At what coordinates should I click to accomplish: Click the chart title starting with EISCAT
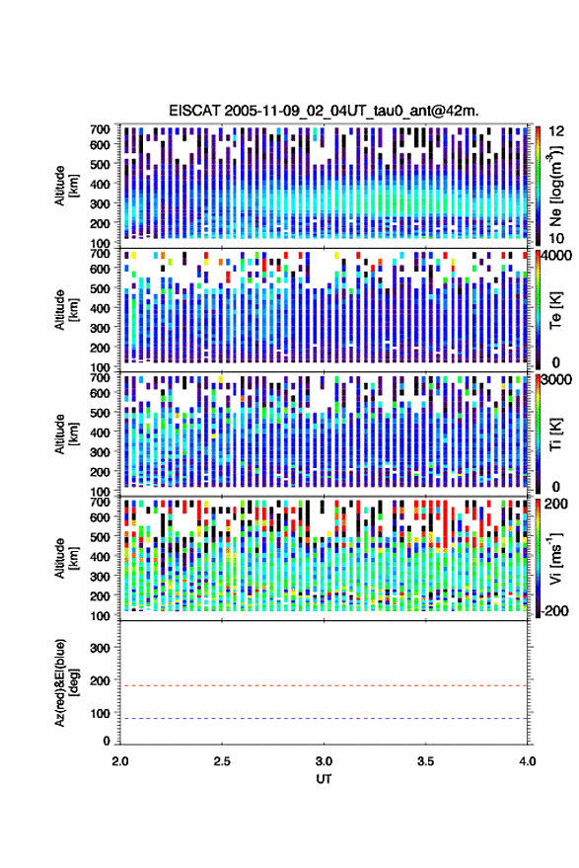(324, 111)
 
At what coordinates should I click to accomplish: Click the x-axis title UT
(324, 779)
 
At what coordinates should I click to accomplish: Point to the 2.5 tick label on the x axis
(222, 761)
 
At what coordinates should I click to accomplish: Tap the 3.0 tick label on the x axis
(325, 761)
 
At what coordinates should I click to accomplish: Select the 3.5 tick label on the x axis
(426, 761)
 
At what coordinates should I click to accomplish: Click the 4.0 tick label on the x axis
(528, 761)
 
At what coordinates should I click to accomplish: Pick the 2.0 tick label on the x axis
(120, 761)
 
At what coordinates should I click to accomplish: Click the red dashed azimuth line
(324, 686)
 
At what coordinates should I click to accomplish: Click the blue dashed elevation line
(324, 719)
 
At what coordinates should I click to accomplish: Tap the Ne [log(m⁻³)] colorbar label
(556, 186)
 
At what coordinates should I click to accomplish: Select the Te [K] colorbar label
(555, 310)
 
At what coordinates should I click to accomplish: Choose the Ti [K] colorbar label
(555, 435)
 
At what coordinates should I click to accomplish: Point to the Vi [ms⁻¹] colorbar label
(555, 558)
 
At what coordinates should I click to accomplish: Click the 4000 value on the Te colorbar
(557, 257)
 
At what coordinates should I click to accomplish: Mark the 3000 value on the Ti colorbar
(557, 380)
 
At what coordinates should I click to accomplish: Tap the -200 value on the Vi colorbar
(554, 611)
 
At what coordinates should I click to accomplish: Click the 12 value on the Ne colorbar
(557, 131)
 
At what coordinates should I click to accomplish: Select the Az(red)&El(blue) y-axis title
(66, 682)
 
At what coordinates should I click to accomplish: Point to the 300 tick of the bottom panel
(100, 648)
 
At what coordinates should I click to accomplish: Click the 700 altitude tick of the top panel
(100, 129)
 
